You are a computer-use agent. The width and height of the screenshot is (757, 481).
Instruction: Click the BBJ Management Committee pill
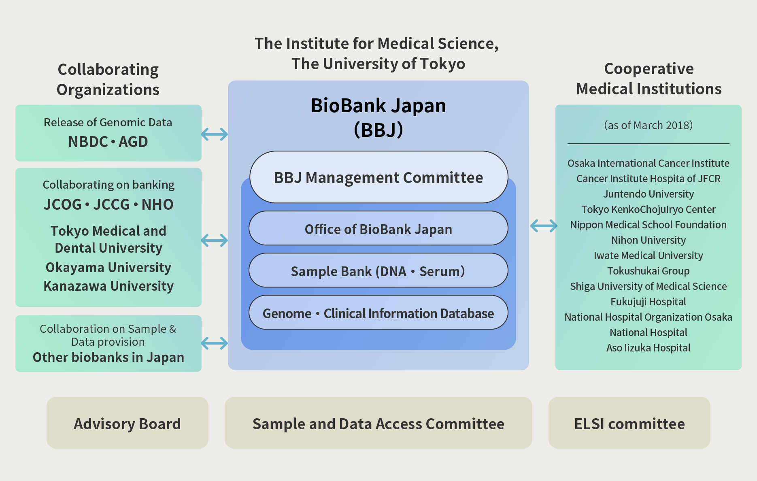[378, 177]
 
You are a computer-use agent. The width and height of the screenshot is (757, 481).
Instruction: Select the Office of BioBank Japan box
[378, 229]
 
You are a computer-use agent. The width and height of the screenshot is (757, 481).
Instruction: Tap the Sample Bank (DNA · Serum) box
[378, 271]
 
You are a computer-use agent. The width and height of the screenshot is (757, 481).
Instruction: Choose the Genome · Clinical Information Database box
[378, 313]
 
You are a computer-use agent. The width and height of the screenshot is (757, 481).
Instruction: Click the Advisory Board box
[127, 423]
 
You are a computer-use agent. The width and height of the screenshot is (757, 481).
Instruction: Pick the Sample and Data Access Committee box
[378, 423]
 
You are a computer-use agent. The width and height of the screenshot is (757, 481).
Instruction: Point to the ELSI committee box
[629, 423]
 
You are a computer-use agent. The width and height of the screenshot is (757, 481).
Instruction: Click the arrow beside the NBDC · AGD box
[215, 134]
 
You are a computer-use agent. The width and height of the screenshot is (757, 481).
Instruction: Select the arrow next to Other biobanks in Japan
[215, 343]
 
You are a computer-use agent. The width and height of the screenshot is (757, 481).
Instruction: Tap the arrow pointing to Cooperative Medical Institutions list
[544, 226]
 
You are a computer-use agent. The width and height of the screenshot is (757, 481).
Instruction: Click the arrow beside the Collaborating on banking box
[215, 240]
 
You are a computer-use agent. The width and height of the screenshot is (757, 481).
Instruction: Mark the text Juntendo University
[649, 194]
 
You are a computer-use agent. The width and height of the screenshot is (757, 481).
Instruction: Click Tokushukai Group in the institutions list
[649, 271]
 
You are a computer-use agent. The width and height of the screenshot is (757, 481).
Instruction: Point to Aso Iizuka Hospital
[649, 348]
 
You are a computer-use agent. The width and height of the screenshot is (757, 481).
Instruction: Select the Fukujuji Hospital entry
[649, 302]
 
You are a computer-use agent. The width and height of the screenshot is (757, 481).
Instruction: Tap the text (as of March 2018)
[649, 125]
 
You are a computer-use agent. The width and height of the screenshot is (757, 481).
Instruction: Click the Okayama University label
[108, 267]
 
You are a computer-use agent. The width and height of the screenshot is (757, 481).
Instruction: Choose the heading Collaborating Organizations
[108, 79]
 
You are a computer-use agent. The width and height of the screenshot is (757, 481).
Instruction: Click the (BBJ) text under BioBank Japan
[378, 130]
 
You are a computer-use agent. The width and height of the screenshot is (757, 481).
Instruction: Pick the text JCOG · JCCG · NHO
[108, 204]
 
